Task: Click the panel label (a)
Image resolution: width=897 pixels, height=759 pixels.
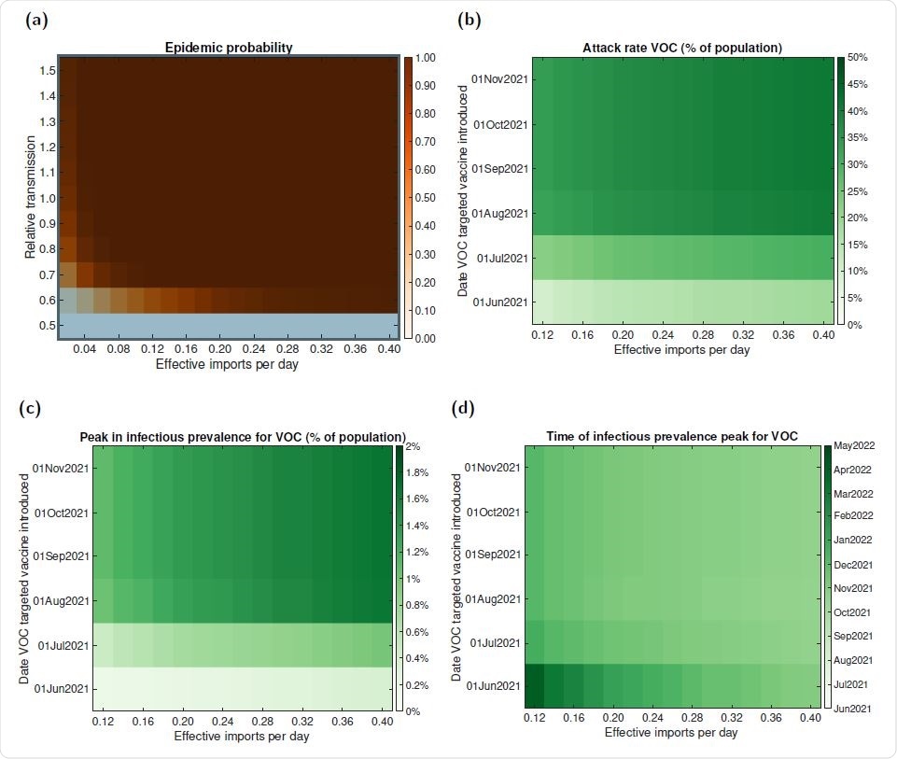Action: coord(37,21)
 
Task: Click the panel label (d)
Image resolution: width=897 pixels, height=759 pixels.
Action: coord(464,408)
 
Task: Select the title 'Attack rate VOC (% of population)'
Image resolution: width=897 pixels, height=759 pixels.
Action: coord(682,47)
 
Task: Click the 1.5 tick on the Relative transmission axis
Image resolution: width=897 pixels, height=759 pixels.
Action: coord(45,70)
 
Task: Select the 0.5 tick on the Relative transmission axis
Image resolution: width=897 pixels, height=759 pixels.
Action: coord(45,325)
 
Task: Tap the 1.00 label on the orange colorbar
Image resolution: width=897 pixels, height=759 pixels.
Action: coord(425,58)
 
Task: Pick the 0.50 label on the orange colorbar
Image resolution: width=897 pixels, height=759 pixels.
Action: coord(425,198)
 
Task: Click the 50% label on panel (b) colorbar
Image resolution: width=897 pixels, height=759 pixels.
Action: coord(857,58)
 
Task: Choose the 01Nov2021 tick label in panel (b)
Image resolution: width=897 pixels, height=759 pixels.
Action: coord(500,79)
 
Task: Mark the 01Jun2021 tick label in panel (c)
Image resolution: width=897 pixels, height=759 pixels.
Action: coord(61,689)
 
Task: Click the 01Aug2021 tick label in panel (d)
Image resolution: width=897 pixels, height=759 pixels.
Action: coord(494,598)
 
